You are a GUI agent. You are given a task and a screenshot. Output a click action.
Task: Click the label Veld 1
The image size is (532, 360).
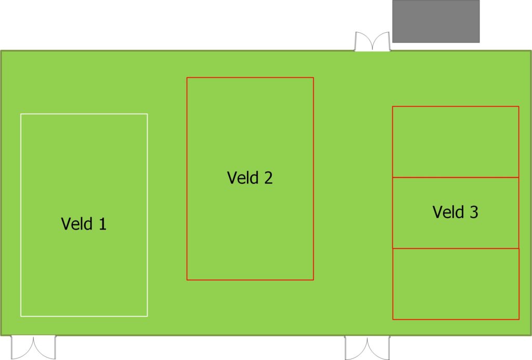click(84, 224)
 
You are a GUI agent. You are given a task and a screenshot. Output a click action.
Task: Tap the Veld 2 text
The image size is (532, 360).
click(250, 178)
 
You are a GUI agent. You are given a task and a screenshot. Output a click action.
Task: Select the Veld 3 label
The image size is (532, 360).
click(455, 212)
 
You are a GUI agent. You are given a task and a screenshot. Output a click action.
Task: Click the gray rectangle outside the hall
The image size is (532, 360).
click(436, 21)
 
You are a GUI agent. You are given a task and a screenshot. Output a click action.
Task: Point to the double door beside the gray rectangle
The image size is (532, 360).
click(372, 42)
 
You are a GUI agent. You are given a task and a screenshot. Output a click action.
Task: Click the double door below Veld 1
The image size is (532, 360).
click(33, 347)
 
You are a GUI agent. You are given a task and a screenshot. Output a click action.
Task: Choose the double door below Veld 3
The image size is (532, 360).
click(367, 348)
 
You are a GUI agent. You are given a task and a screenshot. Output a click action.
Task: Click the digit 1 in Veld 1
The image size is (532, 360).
click(102, 224)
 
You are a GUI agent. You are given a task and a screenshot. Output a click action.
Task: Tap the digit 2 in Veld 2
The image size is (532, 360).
click(268, 178)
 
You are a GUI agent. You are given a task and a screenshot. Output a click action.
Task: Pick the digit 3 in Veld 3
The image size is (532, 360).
click(474, 212)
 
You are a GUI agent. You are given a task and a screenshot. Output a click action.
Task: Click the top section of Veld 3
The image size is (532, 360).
click(456, 142)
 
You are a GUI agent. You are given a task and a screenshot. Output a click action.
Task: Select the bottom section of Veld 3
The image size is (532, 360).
click(456, 284)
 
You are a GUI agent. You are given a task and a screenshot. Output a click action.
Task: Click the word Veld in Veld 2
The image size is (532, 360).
click(242, 178)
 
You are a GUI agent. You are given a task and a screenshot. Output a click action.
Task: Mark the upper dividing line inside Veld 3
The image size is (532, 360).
click(456, 178)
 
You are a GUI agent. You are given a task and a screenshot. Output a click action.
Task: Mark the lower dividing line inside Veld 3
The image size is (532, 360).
click(456, 248)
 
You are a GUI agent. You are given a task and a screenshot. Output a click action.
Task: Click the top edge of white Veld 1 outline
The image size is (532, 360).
click(84, 114)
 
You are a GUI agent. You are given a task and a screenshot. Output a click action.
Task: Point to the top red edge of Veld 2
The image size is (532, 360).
click(250, 78)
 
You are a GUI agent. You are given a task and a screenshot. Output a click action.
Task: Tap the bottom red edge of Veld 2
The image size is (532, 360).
click(250, 280)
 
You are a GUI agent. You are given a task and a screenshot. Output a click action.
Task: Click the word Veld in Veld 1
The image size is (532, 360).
click(76, 224)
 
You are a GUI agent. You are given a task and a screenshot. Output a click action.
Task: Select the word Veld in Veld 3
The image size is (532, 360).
click(448, 212)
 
